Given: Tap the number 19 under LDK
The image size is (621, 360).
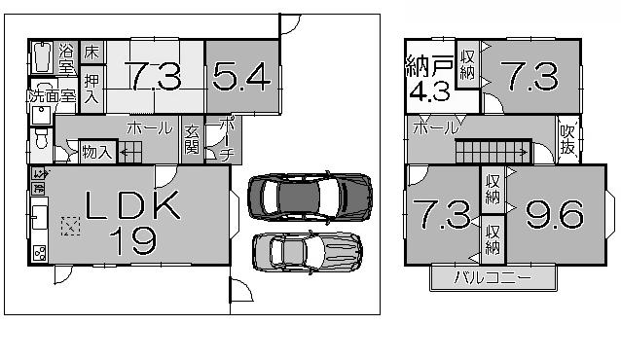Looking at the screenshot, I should (132, 238).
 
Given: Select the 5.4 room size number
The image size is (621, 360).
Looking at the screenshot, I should (239, 77).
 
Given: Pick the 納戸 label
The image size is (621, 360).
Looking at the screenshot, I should (428, 69).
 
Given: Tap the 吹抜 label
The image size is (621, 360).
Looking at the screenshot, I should (566, 139).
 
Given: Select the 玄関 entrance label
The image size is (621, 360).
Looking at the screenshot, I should (191, 140).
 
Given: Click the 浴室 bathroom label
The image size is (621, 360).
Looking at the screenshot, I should (67, 58).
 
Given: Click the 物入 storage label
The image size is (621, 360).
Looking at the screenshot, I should (96, 152).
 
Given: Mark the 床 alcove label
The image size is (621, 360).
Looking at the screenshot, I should (91, 52).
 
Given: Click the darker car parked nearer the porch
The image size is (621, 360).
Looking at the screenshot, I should (310, 195).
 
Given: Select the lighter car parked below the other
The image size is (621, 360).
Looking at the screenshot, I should (307, 251).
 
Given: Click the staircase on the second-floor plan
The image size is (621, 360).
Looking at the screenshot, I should (493, 152).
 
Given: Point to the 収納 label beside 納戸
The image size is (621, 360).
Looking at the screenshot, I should (468, 65).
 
